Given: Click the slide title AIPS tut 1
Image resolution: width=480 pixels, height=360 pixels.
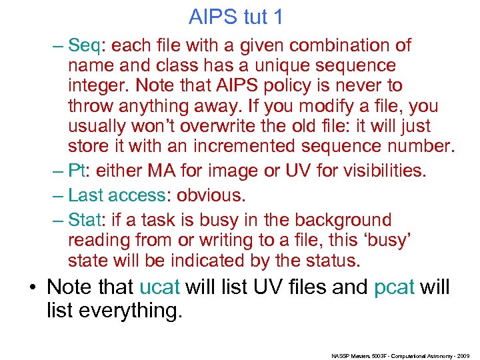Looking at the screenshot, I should click(x=236, y=17).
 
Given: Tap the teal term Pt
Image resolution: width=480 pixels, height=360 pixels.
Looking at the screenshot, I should click(x=77, y=171).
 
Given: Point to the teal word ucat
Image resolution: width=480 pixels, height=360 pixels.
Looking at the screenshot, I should click(x=160, y=287).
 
